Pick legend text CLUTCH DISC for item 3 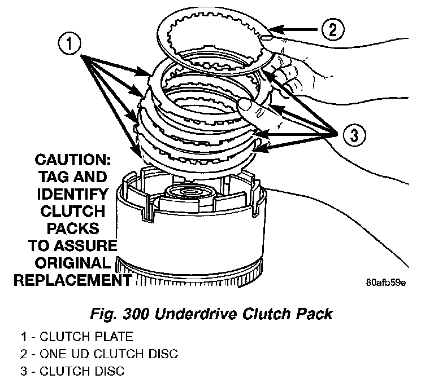[x=81, y=371]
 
